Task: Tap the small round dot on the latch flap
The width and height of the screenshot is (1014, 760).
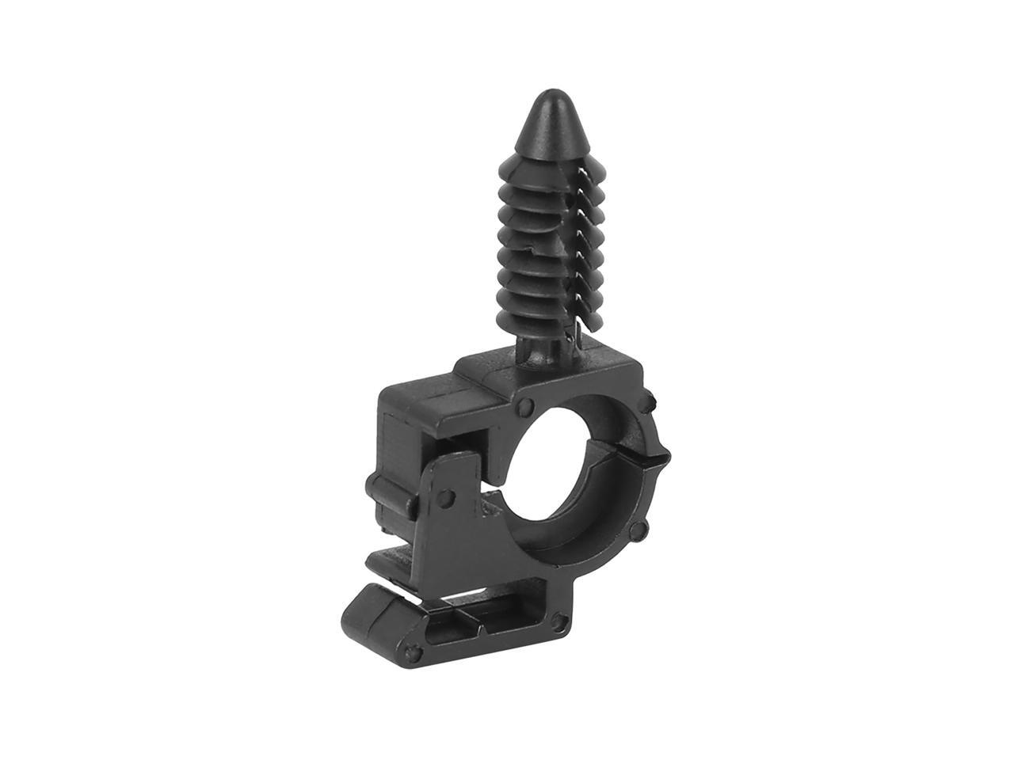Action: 445,497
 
